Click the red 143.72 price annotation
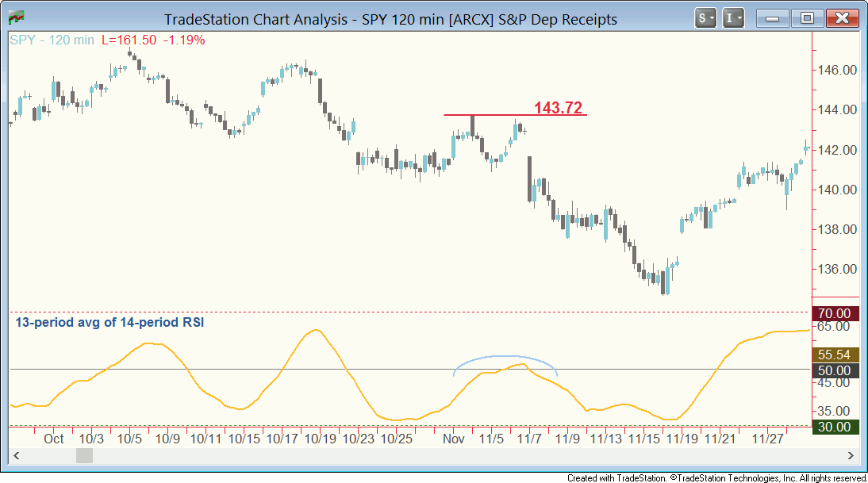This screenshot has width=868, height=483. click(x=558, y=108)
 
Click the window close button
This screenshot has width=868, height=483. click(x=843, y=17)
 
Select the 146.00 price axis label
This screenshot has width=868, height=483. click(x=838, y=70)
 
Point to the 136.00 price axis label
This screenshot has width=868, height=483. click(x=838, y=269)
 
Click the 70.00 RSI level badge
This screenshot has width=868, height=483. click(x=835, y=313)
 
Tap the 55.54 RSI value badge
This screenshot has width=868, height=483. click(x=835, y=355)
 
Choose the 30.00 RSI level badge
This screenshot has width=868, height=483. click(x=835, y=427)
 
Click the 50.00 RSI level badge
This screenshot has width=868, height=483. click(x=835, y=370)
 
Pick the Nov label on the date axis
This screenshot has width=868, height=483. click(x=453, y=438)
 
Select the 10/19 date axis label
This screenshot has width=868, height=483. click(x=321, y=438)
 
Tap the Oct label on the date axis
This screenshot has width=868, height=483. click(x=54, y=438)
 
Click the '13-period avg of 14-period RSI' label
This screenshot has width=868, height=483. click(x=110, y=323)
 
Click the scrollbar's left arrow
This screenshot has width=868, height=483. click(x=14, y=456)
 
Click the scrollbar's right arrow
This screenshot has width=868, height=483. click(x=851, y=456)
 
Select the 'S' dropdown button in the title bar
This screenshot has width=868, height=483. click(x=705, y=17)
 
